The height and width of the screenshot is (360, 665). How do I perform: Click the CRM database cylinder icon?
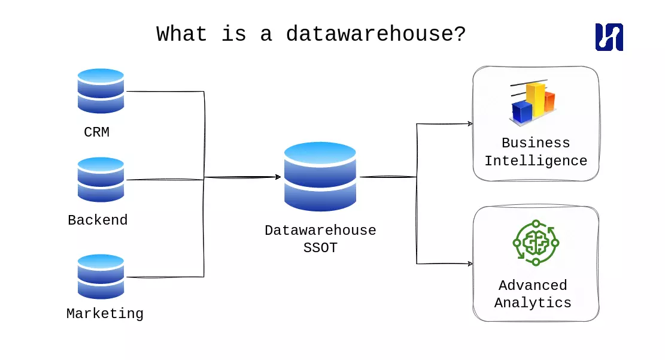coord(101,91)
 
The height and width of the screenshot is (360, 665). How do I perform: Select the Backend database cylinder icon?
coord(101,179)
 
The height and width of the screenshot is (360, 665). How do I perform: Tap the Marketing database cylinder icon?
coord(101,276)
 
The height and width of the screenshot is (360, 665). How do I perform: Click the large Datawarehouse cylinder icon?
coord(320,177)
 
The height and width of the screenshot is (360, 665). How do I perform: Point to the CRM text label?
coord(96,132)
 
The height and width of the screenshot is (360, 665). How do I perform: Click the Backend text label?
coord(98,220)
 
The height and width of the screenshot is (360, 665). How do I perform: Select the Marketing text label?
coord(105,314)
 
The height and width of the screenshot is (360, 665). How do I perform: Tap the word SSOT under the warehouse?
coord(320,248)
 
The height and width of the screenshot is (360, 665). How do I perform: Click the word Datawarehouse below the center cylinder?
coord(320,231)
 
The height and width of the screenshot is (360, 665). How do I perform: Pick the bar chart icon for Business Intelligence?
coord(533,103)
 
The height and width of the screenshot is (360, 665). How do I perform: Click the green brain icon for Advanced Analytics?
coord(536,243)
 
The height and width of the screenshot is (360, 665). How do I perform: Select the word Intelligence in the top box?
coord(536,161)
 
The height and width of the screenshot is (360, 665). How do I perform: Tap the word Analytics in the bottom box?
coord(533,303)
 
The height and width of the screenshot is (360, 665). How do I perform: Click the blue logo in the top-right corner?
coord(609,37)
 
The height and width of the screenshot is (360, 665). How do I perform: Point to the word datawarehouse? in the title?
coord(375,34)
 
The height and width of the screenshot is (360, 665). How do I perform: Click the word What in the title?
coord(181,34)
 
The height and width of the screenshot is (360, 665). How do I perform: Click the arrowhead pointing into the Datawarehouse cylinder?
coord(278,177)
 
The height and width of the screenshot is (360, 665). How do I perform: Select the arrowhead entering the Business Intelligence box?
coord(470,124)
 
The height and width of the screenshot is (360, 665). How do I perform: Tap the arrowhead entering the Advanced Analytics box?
coord(470,264)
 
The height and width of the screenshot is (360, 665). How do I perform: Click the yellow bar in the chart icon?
coord(536,99)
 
